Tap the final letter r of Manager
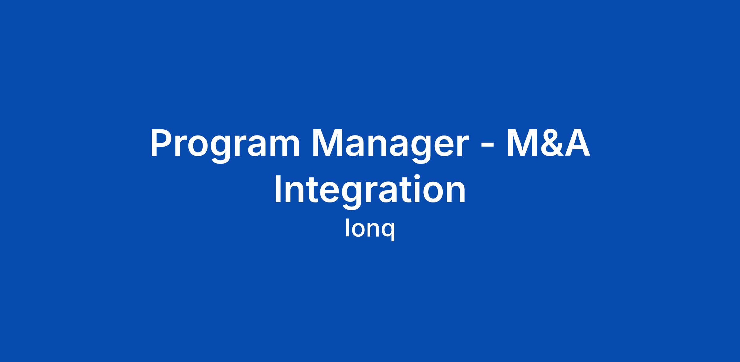pos(462,146)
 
